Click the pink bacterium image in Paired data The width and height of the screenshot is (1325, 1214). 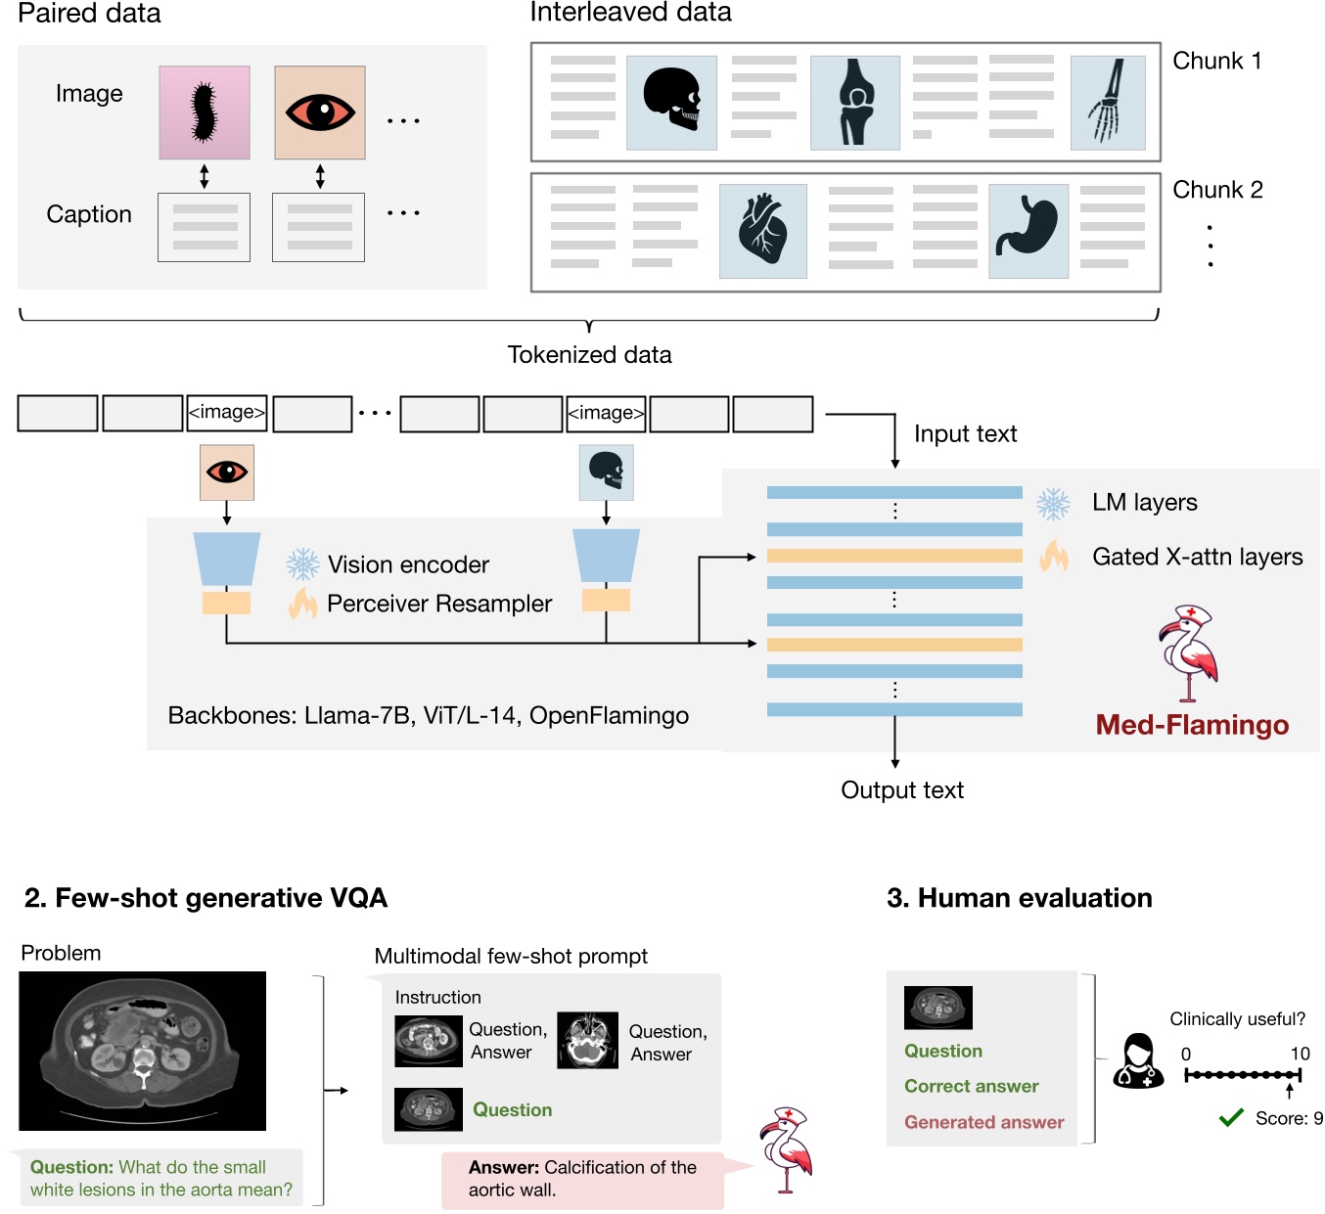tap(205, 112)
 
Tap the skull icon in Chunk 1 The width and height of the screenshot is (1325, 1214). tap(671, 103)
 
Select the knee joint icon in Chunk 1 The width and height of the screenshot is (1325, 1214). tap(855, 103)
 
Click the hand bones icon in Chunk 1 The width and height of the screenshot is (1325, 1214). tap(1108, 103)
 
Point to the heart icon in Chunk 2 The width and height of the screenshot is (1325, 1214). tap(763, 231)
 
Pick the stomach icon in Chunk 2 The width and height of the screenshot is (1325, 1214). tap(1028, 231)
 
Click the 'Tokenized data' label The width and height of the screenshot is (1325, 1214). tap(589, 355)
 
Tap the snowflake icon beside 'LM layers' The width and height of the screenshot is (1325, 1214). tap(1054, 504)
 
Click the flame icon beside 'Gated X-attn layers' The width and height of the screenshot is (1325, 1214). tap(1054, 557)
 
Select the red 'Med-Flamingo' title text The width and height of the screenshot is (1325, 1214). tap(1192, 725)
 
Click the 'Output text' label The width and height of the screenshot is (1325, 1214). tap(902, 790)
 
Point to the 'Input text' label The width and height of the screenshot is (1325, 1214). tap(965, 434)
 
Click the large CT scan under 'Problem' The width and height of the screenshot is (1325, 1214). tap(143, 1051)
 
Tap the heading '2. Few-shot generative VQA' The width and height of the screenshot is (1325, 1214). tap(206, 898)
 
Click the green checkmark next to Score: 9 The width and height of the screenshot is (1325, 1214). tap(1231, 1118)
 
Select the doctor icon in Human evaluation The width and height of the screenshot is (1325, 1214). tap(1138, 1061)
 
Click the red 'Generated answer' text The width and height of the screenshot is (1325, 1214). tap(983, 1122)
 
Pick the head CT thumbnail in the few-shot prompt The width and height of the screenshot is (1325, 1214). tap(587, 1040)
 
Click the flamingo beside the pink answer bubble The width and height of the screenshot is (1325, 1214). tap(787, 1149)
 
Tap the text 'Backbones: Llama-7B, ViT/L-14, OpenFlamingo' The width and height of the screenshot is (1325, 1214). tap(429, 716)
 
